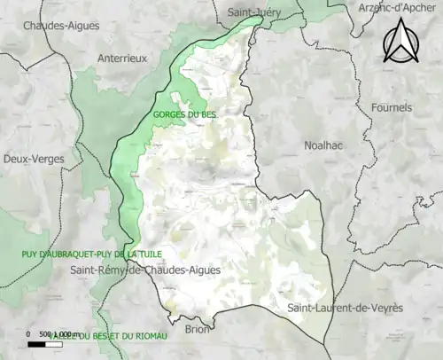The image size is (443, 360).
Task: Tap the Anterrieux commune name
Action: [x=121, y=58]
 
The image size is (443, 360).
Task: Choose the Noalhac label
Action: [x=323, y=144]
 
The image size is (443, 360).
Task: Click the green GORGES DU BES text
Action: [x=184, y=113]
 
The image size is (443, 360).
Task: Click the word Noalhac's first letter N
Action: [x=307, y=144]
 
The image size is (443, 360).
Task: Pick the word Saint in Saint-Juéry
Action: [x=240, y=13]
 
